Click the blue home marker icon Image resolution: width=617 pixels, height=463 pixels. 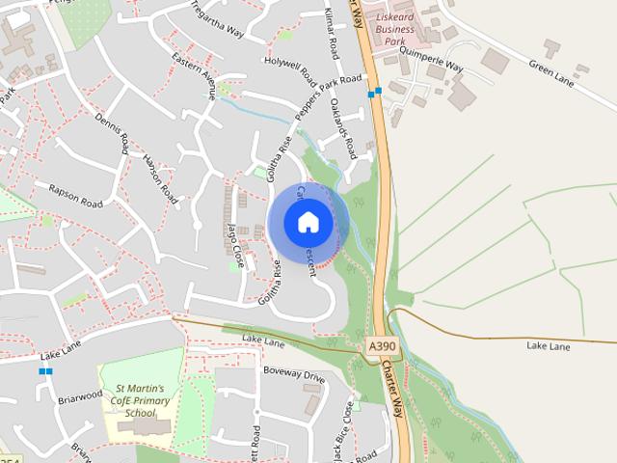point(308,222)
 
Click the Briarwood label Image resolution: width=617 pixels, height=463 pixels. point(80,395)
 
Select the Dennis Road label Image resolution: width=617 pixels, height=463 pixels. point(111,133)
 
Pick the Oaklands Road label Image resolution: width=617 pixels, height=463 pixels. point(343,129)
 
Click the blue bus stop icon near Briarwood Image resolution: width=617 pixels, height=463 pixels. point(45,370)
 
